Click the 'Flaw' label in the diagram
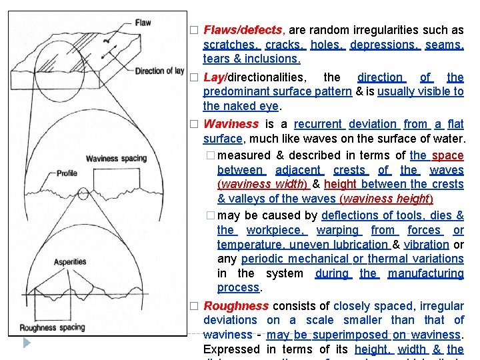point(143,23)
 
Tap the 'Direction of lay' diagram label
point(159,71)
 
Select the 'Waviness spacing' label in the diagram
point(116,158)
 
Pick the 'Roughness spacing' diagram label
point(52,327)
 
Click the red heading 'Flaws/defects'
point(243,30)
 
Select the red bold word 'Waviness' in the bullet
point(230,123)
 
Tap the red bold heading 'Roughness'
point(235,305)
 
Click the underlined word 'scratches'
point(231,45)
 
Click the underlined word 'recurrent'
point(318,123)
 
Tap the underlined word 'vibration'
point(426,244)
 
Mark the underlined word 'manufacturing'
point(425,273)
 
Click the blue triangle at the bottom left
point(26,343)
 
